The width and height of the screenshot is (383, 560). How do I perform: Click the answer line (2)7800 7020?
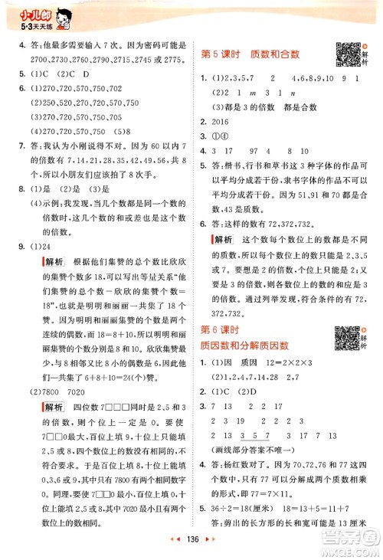point(57,411)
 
